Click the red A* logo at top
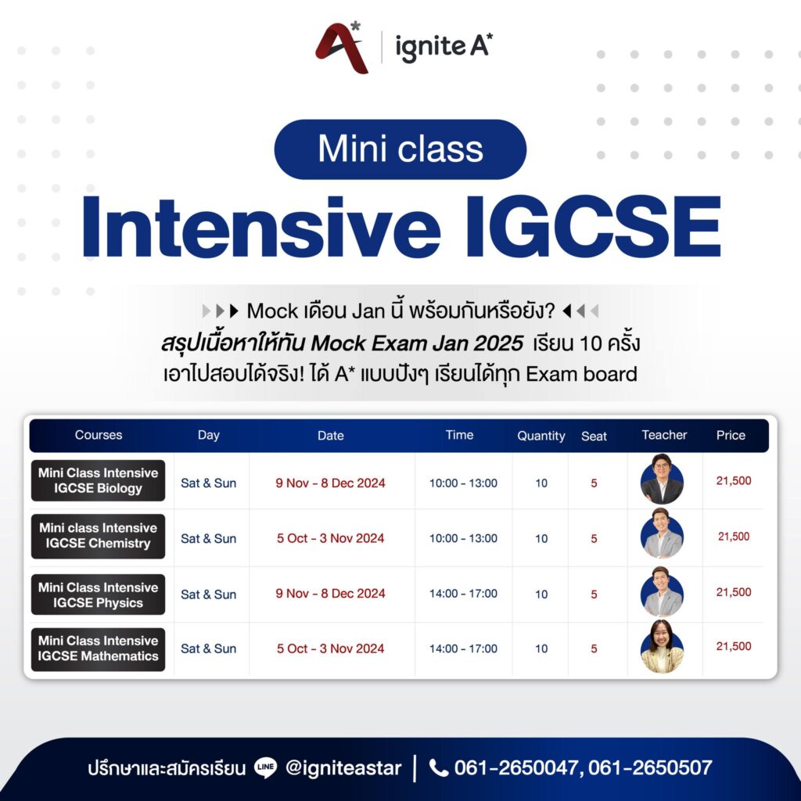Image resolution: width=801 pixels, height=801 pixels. (x=341, y=48)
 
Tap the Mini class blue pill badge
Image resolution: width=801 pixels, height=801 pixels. (x=400, y=149)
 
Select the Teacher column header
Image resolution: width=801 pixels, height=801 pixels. (x=664, y=435)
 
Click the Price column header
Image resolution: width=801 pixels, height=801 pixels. (x=731, y=435)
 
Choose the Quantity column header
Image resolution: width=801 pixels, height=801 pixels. (x=541, y=436)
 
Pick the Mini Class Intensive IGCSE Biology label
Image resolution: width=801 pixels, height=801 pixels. (x=98, y=480)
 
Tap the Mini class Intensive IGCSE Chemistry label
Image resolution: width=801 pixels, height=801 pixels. (x=98, y=536)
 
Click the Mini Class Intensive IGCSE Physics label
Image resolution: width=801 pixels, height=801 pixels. (x=98, y=594)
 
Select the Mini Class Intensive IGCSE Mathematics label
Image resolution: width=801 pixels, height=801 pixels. (x=98, y=648)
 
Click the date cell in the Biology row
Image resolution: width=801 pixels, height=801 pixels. (x=330, y=483)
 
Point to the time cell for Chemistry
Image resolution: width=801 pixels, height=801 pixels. (x=463, y=538)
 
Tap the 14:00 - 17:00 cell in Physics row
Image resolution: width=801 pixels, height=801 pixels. (x=463, y=594)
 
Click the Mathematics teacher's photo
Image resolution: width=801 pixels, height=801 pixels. (x=662, y=648)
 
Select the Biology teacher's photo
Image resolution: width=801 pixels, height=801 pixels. (x=662, y=480)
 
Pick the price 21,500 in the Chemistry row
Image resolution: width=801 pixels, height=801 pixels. (x=734, y=537)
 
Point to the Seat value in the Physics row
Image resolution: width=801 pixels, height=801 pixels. (x=594, y=594)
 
